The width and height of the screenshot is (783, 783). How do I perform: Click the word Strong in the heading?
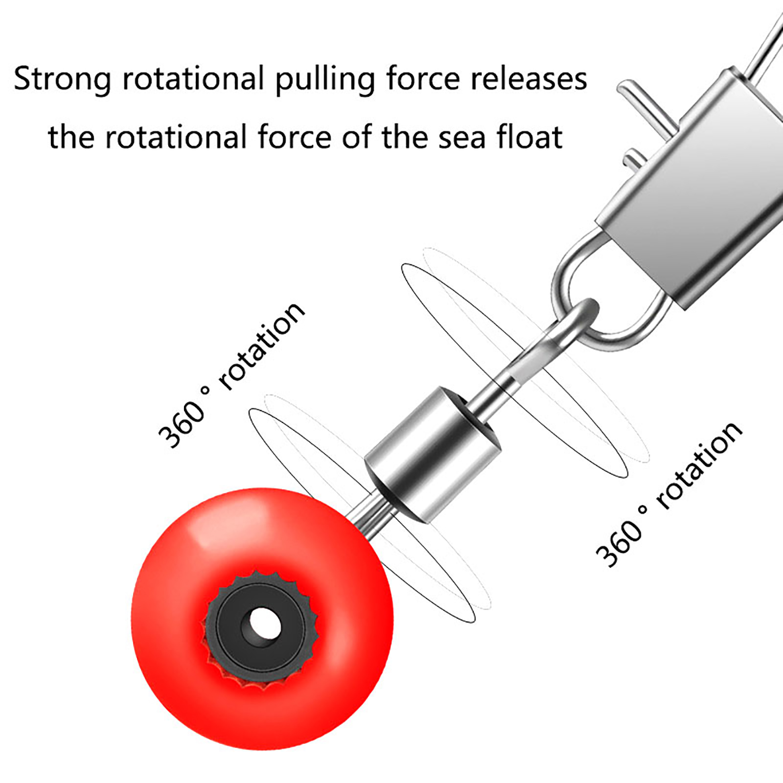click(x=62, y=80)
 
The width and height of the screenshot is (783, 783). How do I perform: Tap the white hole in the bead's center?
click(x=265, y=624)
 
